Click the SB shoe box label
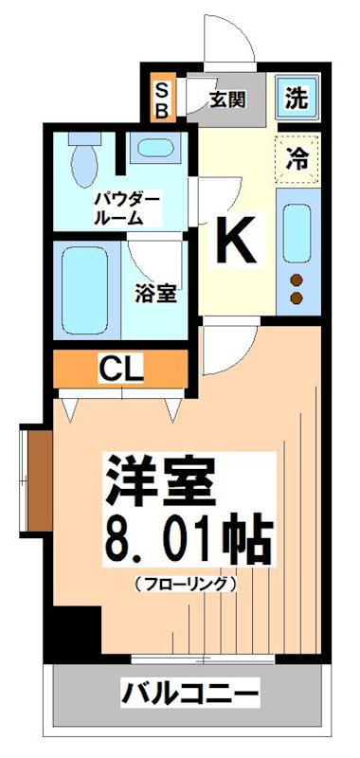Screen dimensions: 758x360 tap(162, 99)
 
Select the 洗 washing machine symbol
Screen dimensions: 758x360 tap(297, 99)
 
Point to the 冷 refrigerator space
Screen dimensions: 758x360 tap(297, 156)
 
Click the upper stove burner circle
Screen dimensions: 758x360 tap(296, 280)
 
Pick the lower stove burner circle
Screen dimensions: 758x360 tap(296, 298)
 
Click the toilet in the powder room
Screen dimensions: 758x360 tap(83, 156)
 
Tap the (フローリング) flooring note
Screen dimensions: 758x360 tap(185, 584)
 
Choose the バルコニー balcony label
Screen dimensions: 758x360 tap(189, 695)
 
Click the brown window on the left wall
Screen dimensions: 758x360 tap(36, 478)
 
